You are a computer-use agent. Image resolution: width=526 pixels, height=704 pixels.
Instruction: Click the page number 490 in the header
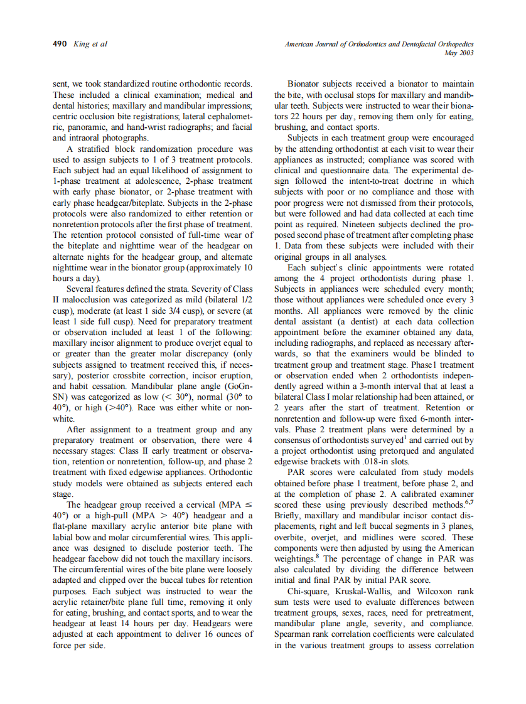pyautogui.click(x=60, y=44)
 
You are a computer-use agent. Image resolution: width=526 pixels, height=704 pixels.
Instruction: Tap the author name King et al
pyautogui.click(x=90, y=44)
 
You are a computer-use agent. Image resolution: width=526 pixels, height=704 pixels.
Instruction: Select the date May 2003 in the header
pyautogui.click(x=459, y=53)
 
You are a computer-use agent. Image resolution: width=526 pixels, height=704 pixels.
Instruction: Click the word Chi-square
pyautogui.click(x=308, y=591)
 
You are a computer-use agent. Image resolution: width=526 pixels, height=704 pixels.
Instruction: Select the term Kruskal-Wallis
pyautogui.click(x=365, y=591)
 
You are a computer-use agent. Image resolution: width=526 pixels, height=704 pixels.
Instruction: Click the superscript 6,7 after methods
pyautogui.click(x=468, y=502)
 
